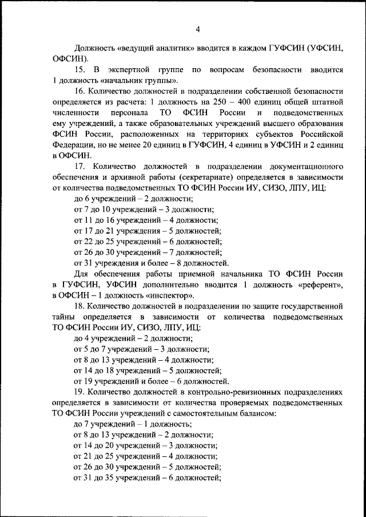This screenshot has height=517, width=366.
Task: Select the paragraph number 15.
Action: (x=80, y=69)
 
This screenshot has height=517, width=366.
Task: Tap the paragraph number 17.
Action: (x=80, y=167)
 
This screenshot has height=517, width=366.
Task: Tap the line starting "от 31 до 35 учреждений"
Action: (x=148, y=478)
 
